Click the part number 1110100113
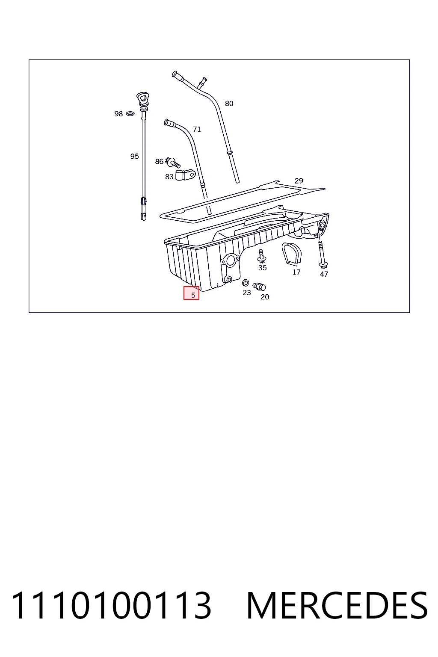(111, 606)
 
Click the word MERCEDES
(337, 606)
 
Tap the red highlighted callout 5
(191, 293)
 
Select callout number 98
(118, 114)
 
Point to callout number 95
(134, 156)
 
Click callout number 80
(229, 104)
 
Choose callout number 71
(197, 129)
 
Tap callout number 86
(159, 161)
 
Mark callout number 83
(169, 177)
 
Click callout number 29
(299, 181)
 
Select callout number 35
(262, 268)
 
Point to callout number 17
(296, 272)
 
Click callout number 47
(324, 274)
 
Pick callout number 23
(247, 293)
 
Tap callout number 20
(265, 297)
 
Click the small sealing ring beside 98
(130, 113)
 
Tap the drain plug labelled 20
(259, 286)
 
